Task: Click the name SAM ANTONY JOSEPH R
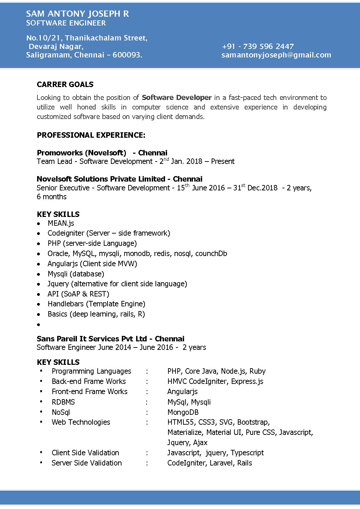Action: coord(77,14)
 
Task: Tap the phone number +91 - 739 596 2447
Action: coord(258,46)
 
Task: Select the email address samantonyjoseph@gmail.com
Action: coord(276,55)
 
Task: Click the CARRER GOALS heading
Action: coord(65,84)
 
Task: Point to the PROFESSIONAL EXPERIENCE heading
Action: coord(91,135)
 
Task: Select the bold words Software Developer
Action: coord(177,98)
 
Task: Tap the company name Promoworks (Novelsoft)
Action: coord(81,153)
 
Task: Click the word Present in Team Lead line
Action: coord(223,161)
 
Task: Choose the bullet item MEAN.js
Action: coord(61,223)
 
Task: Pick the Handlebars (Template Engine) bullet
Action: coord(96,304)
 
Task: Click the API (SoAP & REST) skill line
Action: coord(78,294)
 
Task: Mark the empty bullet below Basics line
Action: coord(39,325)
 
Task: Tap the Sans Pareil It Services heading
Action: coord(110,339)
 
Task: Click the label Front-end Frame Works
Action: coord(89,391)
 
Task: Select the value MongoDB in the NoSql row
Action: coord(183,412)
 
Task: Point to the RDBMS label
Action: coord(63,402)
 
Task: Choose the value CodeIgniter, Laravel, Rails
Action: coord(210,463)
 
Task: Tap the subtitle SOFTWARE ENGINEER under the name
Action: coord(66,23)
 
